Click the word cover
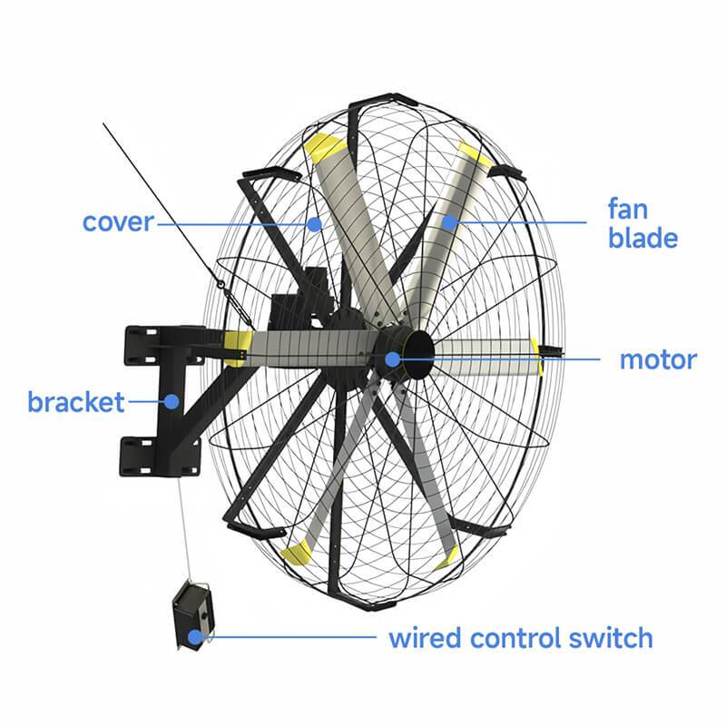[x=118, y=222]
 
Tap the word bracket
[x=76, y=401]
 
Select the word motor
[x=658, y=360]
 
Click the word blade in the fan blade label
[x=643, y=238]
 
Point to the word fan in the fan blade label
[x=628, y=209]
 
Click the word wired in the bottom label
[x=426, y=638]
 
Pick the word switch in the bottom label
[x=611, y=638]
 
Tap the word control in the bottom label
[x=515, y=638]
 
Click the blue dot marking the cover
[x=314, y=224]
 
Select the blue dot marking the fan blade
[x=448, y=222]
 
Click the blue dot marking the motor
[x=393, y=358]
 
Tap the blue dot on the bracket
[x=172, y=401]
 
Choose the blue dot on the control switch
[x=196, y=637]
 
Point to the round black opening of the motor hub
[x=418, y=355]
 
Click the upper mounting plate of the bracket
[x=165, y=346]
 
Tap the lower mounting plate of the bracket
[x=160, y=456]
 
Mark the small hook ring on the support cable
[x=221, y=284]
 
